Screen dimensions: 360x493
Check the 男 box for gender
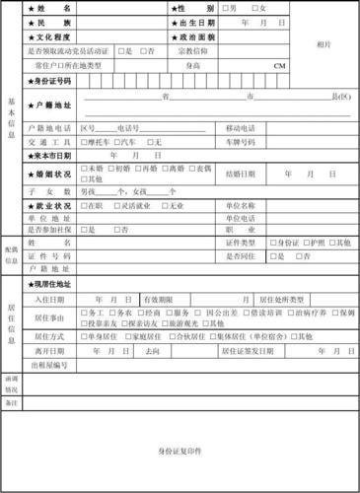pos(226,8)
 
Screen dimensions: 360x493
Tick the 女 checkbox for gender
pos(253,8)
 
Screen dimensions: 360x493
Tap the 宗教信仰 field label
pos(193,49)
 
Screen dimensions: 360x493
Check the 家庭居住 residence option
pos(128,336)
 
